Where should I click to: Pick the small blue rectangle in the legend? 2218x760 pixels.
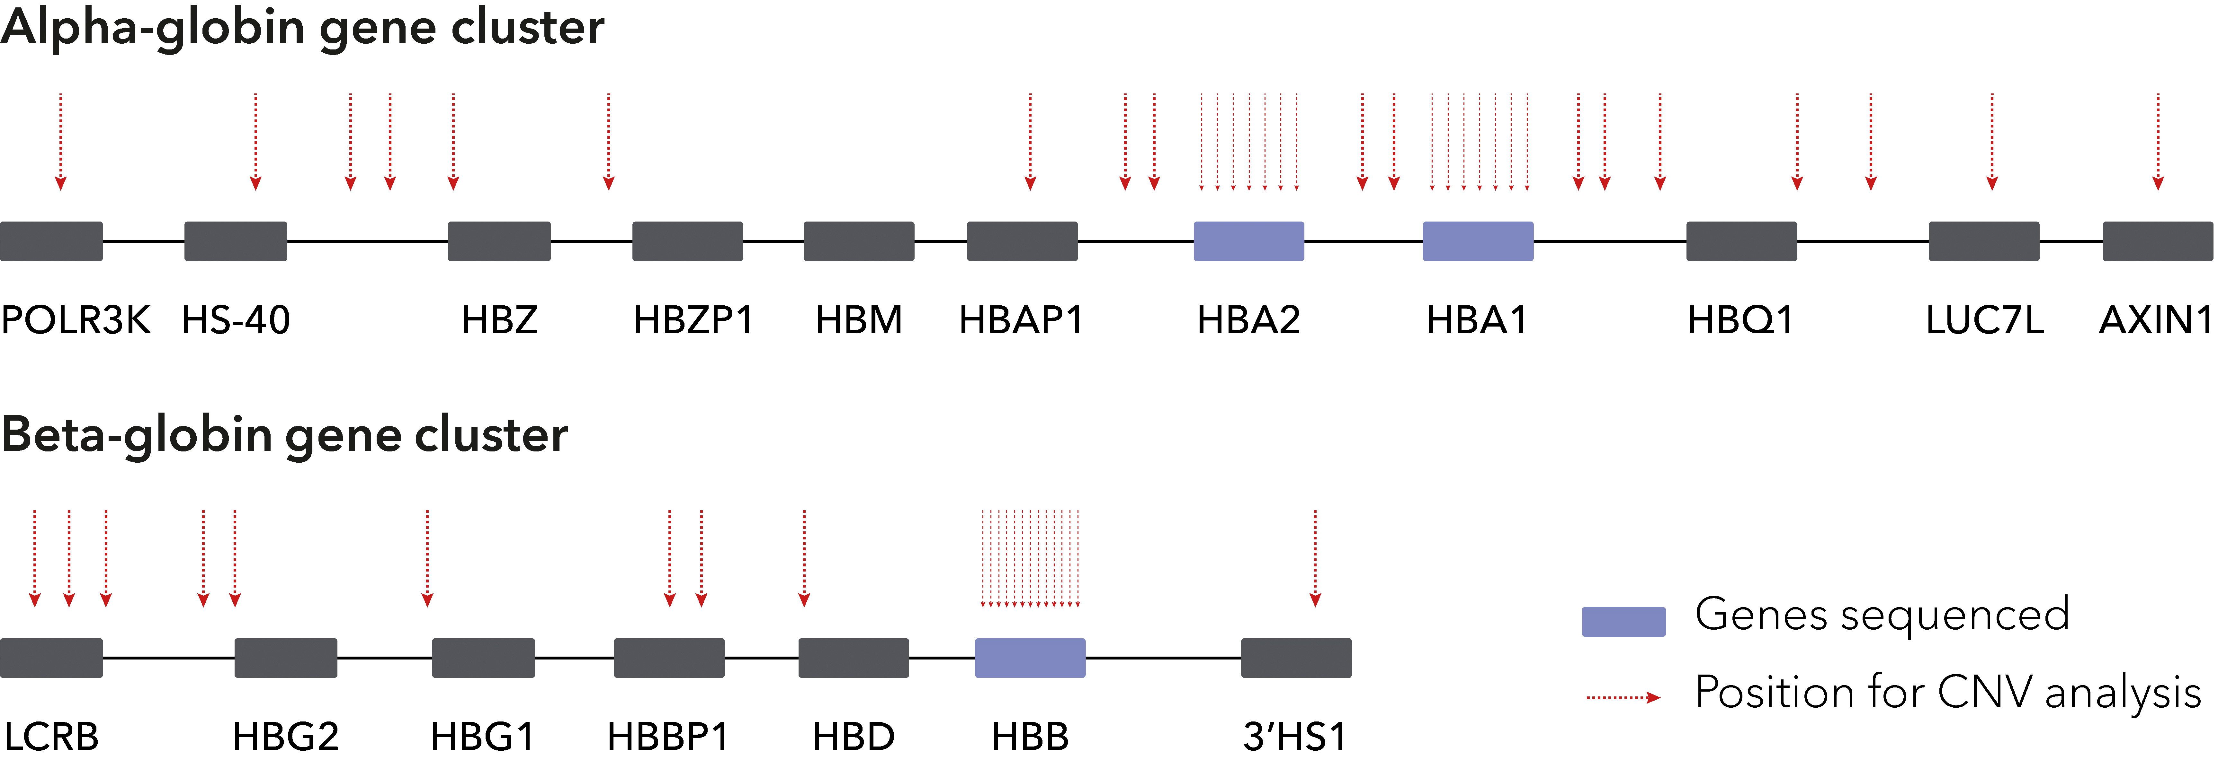click(x=1623, y=621)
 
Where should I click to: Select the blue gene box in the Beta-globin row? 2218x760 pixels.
click(x=1030, y=658)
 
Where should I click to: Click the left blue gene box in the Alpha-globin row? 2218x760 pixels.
click(x=1248, y=241)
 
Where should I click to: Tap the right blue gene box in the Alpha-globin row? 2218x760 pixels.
click(x=1478, y=241)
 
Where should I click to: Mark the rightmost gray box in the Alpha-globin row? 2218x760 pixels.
click(x=2157, y=241)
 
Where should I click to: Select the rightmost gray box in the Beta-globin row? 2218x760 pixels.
click(x=1296, y=658)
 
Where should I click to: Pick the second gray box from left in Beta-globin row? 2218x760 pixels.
click(x=286, y=658)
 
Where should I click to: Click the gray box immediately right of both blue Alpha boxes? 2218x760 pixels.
click(x=1741, y=241)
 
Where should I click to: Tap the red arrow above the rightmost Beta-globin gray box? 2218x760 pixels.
click(x=1315, y=559)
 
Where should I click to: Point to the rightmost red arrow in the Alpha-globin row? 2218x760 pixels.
click(x=2158, y=142)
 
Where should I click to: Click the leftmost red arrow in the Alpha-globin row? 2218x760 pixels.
click(x=60, y=142)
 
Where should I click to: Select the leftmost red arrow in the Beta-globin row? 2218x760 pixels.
click(x=34, y=559)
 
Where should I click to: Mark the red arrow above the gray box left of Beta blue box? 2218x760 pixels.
click(x=804, y=559)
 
